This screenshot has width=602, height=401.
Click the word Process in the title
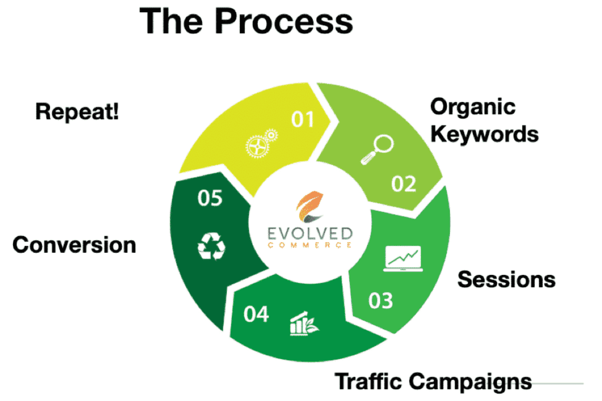pos(284,22)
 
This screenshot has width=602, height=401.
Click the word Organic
pos(473,107)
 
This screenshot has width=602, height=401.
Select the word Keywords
pos(484,134)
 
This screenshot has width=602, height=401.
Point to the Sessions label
pos(506,279)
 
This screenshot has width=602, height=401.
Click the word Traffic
pos(368,381)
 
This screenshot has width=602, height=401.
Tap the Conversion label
pos(74,245)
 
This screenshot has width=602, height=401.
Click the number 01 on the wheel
pos(303,119)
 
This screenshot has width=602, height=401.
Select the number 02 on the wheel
pos(403,184)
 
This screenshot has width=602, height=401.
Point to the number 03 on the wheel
pos(380,301)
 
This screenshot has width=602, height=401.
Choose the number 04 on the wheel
pos(256,314)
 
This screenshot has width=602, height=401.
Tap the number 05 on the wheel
pos(210,198)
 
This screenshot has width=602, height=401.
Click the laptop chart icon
pos(403,259)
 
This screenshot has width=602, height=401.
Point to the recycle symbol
pos(212,246)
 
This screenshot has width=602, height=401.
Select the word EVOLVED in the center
pos(310,233)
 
